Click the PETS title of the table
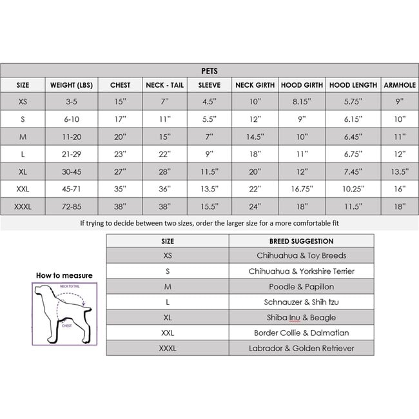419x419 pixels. pos(209,71)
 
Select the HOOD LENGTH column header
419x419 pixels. pos(353,85)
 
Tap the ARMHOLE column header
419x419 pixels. pos(400,85)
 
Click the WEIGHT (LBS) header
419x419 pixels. pos(72,85)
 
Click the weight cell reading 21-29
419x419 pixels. pos(72,154)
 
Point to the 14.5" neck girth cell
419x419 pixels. pos(255,137)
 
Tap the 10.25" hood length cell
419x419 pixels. pos(353,189)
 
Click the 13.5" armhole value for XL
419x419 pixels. pos(400,171)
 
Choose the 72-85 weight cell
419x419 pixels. pos(72,206)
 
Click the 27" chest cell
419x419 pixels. pos(120,171)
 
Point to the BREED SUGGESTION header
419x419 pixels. pos(301,241)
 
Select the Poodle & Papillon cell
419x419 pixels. pos(301,287)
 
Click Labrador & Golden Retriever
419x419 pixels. pos(301,348)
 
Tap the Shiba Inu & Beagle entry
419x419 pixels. pos(301,317)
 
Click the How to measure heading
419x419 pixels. pos(64,275)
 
